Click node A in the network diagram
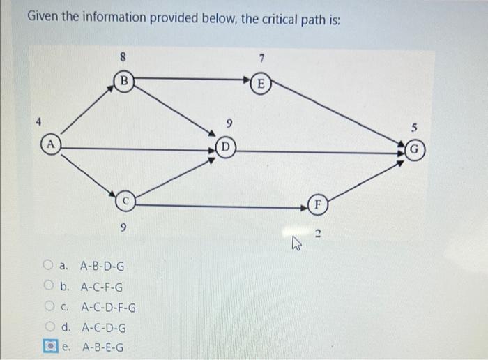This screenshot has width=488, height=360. pyautogui.click(x=51, y=147)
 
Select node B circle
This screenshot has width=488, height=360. pyautogui.click(x=124, y=82)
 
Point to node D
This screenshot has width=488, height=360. pyautogui.click(x=225, y=147)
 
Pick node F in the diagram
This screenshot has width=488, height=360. pyautogui.click(x=317, y=206)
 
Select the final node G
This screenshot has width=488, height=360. pyautogui.click(x=414, y=149)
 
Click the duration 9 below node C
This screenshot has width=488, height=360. pyautogui.click(x=123, y=227)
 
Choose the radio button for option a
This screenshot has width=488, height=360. pyautogui.click(x=47, y=266)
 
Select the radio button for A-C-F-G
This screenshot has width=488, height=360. pyautogui.click(x=47, y=286)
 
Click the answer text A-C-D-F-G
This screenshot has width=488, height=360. pyautogui.click(x=108, y=307)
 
